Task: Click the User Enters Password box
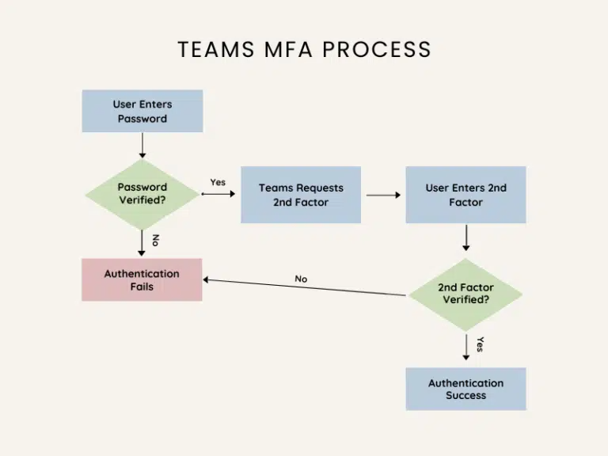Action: pyautogui.click(x=142, y=111)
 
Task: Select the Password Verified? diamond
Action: pyautogui.click(x=142, y=194)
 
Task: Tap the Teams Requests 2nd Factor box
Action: pyautogui.click(x=300, y=195)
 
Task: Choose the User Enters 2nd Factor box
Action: pyautogui.click(x=465, y=195)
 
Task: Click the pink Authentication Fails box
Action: pyautogui.click(x=142, y=279)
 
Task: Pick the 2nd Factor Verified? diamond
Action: pyautogui.click(x=465, y=294)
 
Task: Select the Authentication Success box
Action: pyautogui.click(x=465, y=389)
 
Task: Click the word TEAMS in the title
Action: pyautogui.click(x=213, y=49)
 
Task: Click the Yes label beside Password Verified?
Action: pyautogui.click(x=218, y=182)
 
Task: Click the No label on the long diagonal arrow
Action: pyautogui.click(x=301, y=279)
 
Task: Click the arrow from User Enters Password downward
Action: pyautogui.click(x=142, y=146)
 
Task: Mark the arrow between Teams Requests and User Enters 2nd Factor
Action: pyautogui.click(x=383, y=195)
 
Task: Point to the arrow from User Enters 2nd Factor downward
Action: pyautogui.click(x=465, y=237)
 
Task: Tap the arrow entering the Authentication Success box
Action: pyautogui.click(x=465, y=349)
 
